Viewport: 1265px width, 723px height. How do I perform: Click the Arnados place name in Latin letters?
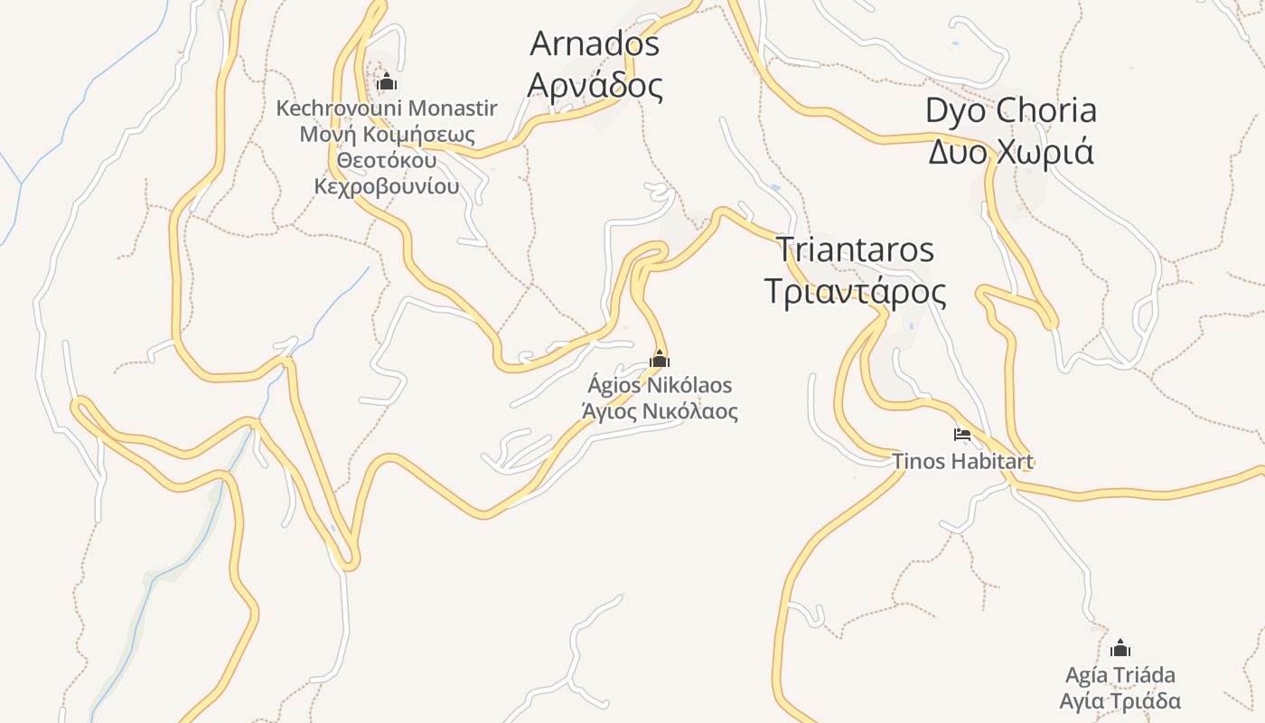595,43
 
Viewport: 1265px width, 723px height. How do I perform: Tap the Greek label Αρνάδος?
595,86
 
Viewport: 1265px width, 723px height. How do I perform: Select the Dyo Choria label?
1010,110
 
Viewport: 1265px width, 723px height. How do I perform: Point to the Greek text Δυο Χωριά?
1010,152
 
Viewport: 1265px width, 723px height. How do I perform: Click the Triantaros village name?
855,249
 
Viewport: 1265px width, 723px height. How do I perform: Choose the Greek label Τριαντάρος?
855,292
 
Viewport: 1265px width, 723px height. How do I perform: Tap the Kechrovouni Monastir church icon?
387,82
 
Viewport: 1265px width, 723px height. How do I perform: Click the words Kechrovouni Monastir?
387,108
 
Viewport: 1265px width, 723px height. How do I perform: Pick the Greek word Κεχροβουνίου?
387,187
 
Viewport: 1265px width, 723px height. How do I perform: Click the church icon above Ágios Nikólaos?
660,360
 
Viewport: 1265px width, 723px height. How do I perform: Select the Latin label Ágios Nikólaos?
660,386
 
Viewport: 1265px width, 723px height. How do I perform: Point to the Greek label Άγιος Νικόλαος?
660,412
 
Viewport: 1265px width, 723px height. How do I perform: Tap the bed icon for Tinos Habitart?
962,435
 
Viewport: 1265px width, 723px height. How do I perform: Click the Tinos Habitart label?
962,461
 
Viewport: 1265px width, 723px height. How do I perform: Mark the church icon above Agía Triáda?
1120,648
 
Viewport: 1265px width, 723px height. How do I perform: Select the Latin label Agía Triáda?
1120,675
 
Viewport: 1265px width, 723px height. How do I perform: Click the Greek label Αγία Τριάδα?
1120,701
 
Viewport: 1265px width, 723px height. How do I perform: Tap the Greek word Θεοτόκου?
387,161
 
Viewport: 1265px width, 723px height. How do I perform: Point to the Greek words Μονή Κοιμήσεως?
387,135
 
